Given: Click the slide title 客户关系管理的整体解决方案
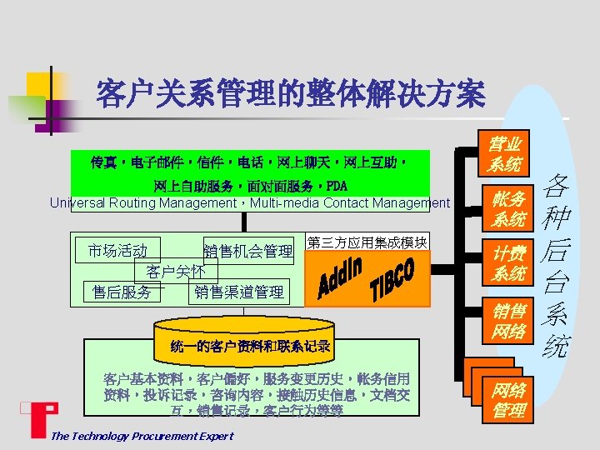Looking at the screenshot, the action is click(290, 93).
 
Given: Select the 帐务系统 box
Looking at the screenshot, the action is click(507, 209).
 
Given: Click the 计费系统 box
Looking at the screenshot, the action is click(507, 263).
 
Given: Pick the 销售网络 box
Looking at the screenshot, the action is click(507, 322).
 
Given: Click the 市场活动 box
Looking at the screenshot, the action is click(117, 251).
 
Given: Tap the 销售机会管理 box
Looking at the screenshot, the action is click(248, 251).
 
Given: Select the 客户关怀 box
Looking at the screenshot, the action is click(176, 272).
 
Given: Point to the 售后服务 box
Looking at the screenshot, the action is click(122, 292).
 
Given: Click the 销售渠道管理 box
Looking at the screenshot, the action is click(239, 292).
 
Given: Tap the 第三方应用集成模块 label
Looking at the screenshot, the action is click(367, 242).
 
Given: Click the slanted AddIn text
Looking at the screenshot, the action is click(339, 278).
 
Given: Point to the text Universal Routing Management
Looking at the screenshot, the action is click(142, 202).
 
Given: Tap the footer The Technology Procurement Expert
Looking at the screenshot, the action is click(142, 436).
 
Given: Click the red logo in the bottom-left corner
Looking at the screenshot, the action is click(37, 419).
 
